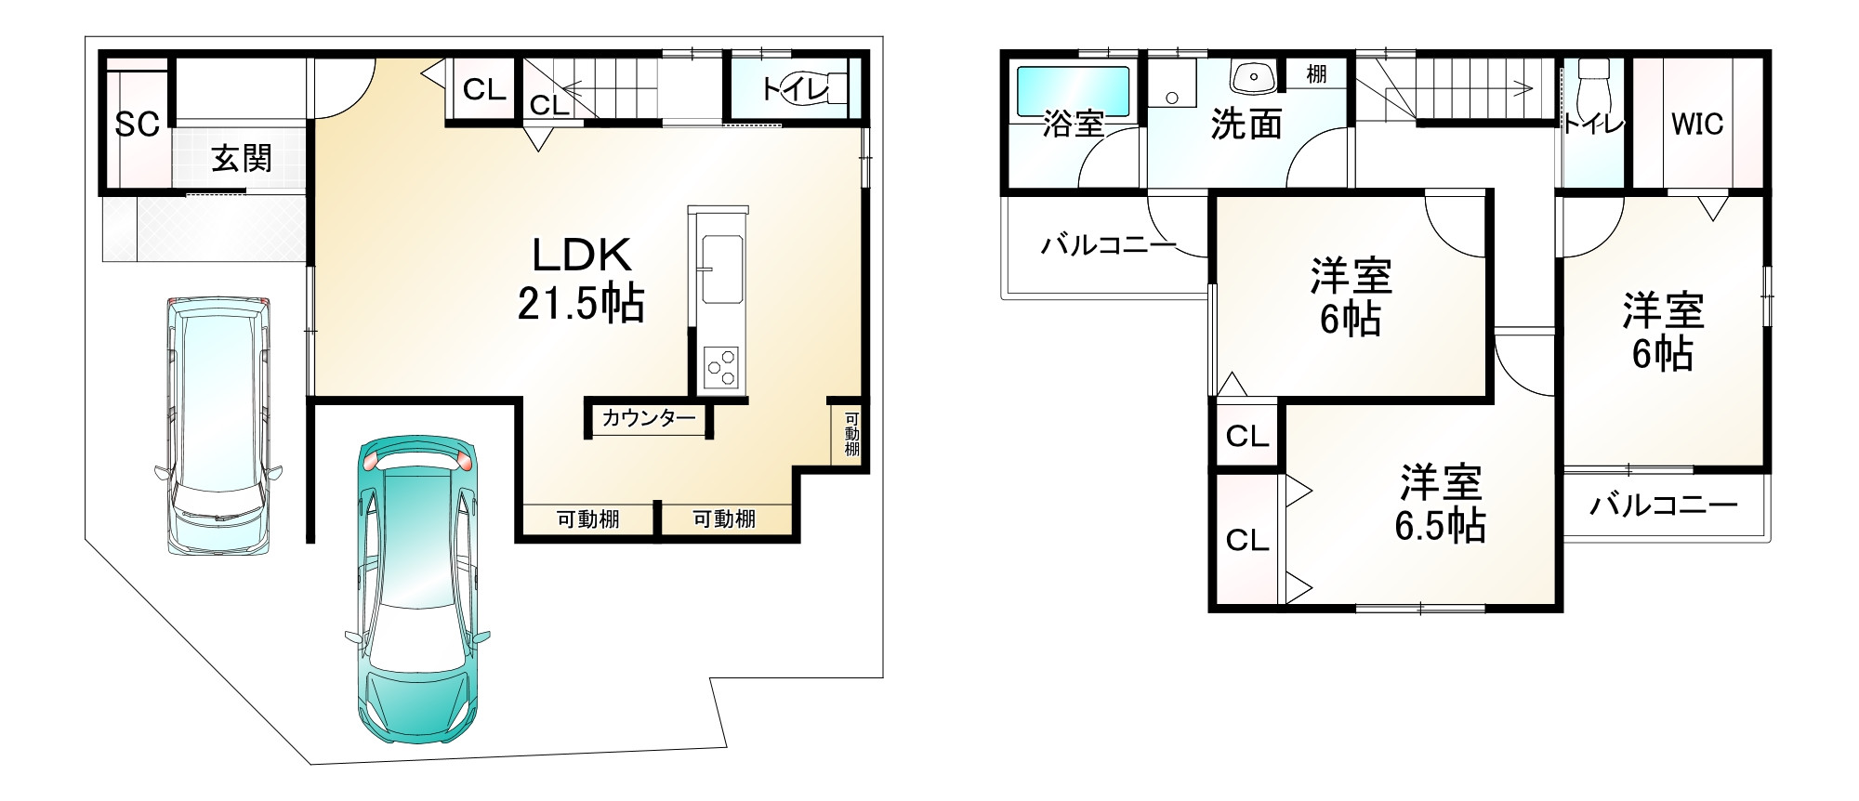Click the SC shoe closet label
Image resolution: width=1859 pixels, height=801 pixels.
click(x=137, y=124)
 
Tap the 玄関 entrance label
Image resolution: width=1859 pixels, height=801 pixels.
click(x=241, y=159)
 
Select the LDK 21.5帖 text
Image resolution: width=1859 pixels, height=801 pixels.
click(x=581, y=279)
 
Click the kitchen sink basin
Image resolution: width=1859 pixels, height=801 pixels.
click(x=721, y=269)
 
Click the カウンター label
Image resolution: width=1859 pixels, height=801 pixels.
click(x=648, y=418)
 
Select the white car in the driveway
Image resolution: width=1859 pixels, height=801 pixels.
click(x=219, y=423)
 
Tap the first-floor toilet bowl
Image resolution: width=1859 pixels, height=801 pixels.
click(x=818, y=87)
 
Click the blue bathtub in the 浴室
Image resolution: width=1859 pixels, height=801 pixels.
click(x=1073, y=90)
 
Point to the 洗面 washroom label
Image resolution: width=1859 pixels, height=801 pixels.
click(x=1246, y=124)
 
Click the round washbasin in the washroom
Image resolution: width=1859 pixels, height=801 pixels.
click(x=1252, y=76)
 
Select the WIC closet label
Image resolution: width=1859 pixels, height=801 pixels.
click(x=1696, y=124)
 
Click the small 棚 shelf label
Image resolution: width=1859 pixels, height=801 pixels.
click(x=1316, y=74)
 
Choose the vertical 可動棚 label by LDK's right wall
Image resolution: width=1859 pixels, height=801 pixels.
click(x=851, y=434)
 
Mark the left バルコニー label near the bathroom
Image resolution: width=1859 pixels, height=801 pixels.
click(x=1108, y=245)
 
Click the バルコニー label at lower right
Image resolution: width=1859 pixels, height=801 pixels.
click(x=1663, y=506)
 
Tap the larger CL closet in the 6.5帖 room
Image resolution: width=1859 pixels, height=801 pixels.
click(x=1246, y=540)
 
